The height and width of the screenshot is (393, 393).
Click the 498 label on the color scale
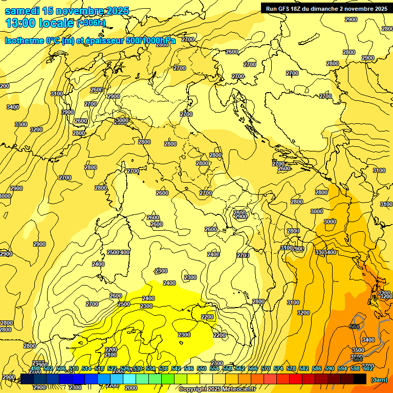[x=35, y=368]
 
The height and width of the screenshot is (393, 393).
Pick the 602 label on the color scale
[x=368, y=368]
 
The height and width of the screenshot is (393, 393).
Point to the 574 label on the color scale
[x=278, y=368]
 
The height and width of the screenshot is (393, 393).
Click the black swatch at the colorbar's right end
[x=359, y=379]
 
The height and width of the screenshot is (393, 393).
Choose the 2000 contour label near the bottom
[x=131, y=388]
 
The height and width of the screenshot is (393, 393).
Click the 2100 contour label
[x=111, y=355]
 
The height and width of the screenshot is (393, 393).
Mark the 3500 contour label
[x=358, y=350]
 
